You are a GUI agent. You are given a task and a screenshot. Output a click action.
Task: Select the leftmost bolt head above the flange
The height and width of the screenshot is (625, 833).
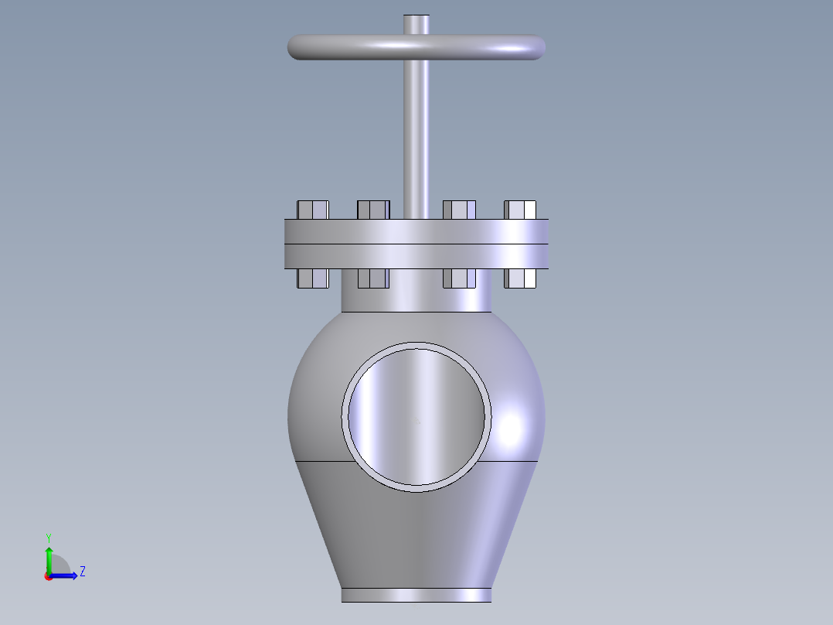[313, 210]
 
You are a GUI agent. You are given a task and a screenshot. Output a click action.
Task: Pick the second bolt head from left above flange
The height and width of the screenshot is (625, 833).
[373, 210]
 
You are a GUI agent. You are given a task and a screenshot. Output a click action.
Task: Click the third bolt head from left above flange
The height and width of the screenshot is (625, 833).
[459, 210]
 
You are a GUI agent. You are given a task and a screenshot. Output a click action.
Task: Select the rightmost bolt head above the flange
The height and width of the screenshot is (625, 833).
[520, 210]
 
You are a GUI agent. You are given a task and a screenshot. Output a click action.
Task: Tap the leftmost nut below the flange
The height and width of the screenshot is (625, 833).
[313, 278]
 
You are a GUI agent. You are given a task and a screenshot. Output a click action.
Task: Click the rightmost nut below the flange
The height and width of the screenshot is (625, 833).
[520, 278]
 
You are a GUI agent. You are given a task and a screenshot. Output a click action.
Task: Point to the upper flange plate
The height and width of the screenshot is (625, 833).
[416, 232]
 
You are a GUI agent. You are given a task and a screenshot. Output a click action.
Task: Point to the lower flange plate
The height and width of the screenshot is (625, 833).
[416, 257]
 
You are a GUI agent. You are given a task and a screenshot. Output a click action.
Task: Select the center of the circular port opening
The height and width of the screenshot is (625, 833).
[416, 417]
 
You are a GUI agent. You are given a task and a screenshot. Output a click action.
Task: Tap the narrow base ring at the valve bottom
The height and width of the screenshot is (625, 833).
[416, 595]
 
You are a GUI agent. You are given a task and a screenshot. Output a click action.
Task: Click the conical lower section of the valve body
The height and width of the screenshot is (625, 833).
[416, 534]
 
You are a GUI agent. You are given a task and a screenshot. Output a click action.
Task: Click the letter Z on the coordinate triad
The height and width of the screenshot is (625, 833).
[82, 572]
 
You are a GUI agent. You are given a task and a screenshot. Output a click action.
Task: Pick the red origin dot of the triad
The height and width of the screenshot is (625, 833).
[49, 576]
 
